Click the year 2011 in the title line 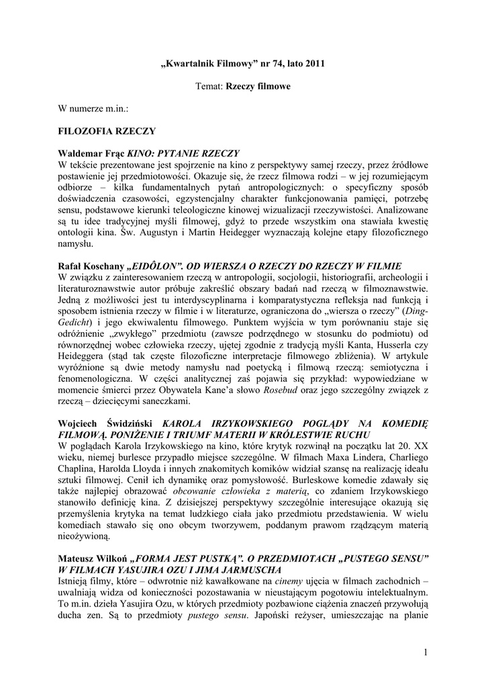(x=313, y=64)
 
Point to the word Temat (x=209, y=86)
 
